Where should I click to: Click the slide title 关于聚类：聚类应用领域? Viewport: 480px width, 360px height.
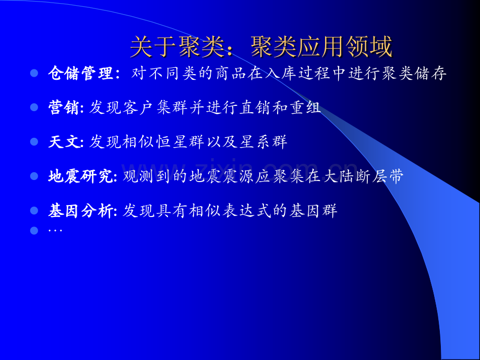point(261,47)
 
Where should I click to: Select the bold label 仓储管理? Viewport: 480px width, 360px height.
point(81,74)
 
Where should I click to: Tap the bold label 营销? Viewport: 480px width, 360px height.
point(64,107)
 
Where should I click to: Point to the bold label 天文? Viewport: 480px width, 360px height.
point(64,142)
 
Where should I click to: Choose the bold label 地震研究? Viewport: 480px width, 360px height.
point(80,176)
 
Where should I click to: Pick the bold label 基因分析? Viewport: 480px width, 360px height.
point(80,211)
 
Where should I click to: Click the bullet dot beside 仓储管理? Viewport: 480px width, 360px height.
point(34,73)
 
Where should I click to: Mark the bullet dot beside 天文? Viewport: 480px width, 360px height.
point(34,142)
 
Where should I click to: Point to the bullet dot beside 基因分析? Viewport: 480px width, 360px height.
point(34,211)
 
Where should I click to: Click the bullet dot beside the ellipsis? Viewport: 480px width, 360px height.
point(34,231)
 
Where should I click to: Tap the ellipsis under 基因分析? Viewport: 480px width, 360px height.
point(55,231)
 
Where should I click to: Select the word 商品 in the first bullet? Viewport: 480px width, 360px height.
point(231,74)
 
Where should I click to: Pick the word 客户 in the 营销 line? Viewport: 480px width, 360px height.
point(138,108)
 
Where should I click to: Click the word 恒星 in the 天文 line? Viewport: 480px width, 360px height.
point(171,142)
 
